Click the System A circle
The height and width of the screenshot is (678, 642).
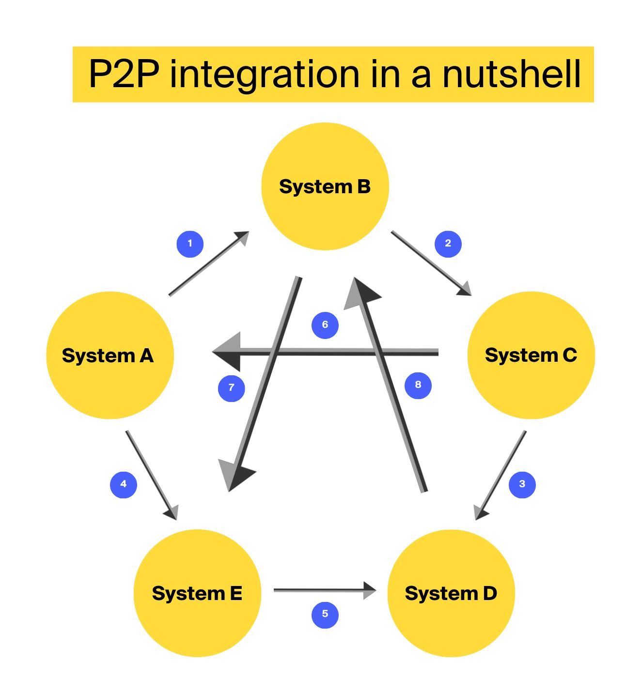(110, 355)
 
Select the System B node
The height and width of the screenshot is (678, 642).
(325, 186)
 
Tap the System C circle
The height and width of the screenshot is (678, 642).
(531, 355)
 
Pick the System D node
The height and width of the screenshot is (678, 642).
(451, 593)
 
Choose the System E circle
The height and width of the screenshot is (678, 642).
(197, 593)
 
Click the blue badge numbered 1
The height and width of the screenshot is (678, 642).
(190, 244)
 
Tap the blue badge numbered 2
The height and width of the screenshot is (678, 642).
(448, 244)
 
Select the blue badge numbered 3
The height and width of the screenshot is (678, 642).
(522, 484)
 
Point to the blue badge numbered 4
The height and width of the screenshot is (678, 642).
(124, 484)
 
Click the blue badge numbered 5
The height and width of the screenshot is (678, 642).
(325, 614)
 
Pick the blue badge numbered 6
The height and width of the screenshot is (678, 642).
(325, 325)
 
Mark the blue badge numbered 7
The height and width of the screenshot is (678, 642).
(232, 388)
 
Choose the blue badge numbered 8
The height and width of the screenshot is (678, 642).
(418, 385)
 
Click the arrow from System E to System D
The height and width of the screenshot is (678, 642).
(325, 590)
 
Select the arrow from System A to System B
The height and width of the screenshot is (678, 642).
(208, 263)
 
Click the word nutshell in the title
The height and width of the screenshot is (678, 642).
(511, 75)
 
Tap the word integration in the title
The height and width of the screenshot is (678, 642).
(264, 75)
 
